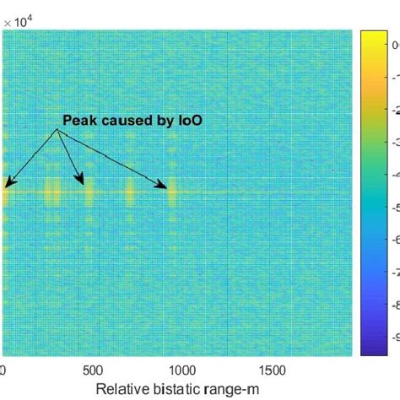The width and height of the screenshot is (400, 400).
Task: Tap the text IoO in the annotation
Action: point(192,120)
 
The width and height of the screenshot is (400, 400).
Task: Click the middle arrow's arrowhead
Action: point(83,181)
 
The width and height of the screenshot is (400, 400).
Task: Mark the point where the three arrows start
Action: point(58,130)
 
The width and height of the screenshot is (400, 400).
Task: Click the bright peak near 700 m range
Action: point(131,192)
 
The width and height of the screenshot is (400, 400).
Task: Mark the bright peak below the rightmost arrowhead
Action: point(172,195)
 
